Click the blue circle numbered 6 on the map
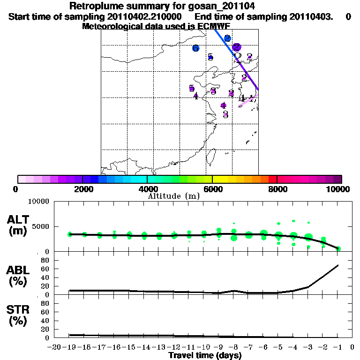click(195, 48)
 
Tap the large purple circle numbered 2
click(237, 47)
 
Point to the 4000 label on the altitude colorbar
click(147, 189)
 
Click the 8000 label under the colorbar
click(277, 189)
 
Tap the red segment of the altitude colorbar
click(273, 179)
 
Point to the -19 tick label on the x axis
click(69, 347)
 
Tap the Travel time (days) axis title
click(205, 356)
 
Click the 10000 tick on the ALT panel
click(39, 202)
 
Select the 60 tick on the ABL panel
click(45, 269)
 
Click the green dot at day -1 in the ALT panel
click(338, 248)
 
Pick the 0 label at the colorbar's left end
click(16, 189)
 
